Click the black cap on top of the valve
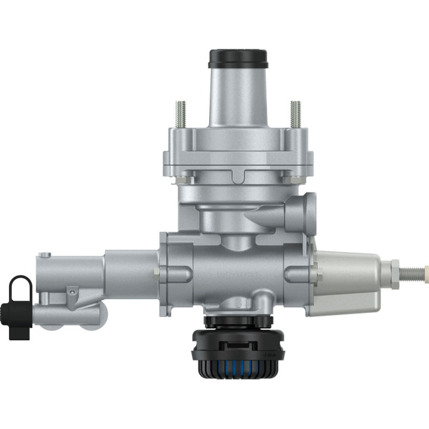(238, 58)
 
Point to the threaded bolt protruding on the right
(412, 273)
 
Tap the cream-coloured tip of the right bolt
(425, 273)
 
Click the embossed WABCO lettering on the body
(238, 275)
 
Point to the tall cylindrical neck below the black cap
(238, 95)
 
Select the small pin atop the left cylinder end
(43, 256)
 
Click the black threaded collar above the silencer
(238, 321)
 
